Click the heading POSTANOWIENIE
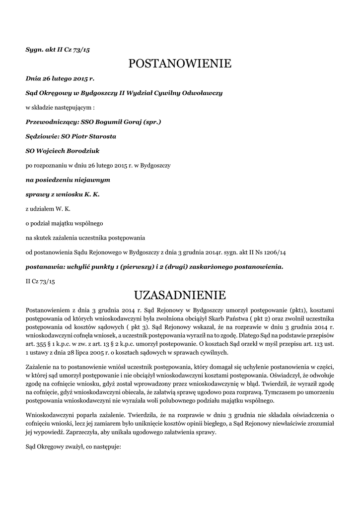pos(180,63)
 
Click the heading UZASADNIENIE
pos(180,296)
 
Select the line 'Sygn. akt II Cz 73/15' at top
pos(58,50)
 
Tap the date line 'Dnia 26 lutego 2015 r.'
pos(60,78)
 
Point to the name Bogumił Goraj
pos(121,122)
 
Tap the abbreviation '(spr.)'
pos(152,122)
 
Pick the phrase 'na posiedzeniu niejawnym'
pos(68,180)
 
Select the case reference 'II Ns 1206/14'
pos(266,253)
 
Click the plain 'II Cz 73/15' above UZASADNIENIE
pos(40,281)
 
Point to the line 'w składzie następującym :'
pos(60,107)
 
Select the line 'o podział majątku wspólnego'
pos(65,223)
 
